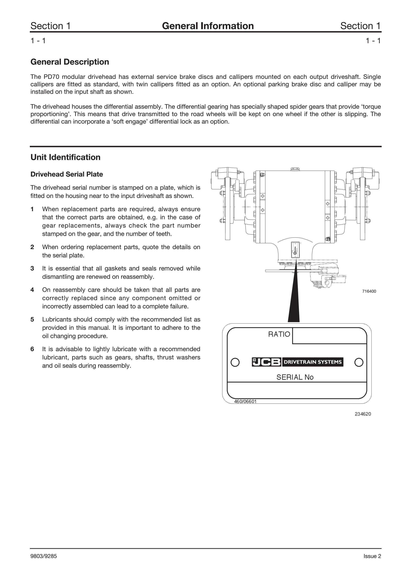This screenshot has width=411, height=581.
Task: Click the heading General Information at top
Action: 208,26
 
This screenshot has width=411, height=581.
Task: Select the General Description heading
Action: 70,62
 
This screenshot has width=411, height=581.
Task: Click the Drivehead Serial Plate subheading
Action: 67,174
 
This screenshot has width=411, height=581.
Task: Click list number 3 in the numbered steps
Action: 32,268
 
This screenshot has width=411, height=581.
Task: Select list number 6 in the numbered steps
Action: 32,349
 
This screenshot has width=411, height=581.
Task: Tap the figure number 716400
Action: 369,291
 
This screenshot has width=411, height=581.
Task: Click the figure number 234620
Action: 363,414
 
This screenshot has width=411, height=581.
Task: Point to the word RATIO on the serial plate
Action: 279,334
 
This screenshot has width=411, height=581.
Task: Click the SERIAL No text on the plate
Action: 295,377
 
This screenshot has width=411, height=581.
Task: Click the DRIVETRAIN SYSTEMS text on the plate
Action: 313,362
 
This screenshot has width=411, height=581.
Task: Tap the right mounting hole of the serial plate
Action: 359,362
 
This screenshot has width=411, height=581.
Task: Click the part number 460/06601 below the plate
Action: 245,401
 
